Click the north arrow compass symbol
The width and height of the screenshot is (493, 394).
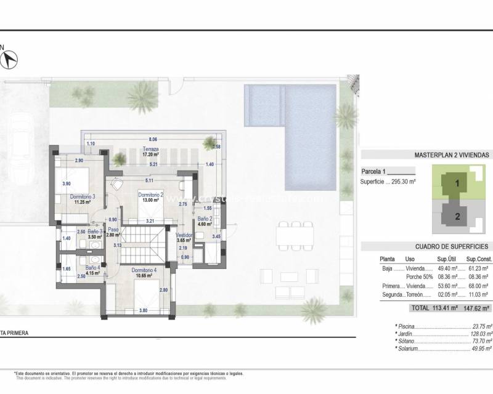(x=10, y=60)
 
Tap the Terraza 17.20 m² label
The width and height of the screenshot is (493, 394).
(x=151, y=152)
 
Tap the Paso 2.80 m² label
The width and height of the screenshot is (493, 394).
(x=113, y=231)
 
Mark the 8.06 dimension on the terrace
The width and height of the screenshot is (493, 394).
(x=152, y=140)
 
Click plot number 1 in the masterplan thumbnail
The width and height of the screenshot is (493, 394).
(x=457, y=183)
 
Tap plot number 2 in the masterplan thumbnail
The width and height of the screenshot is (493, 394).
(x=457, y=216)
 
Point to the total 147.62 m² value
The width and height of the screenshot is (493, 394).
(x=476, y=308)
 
